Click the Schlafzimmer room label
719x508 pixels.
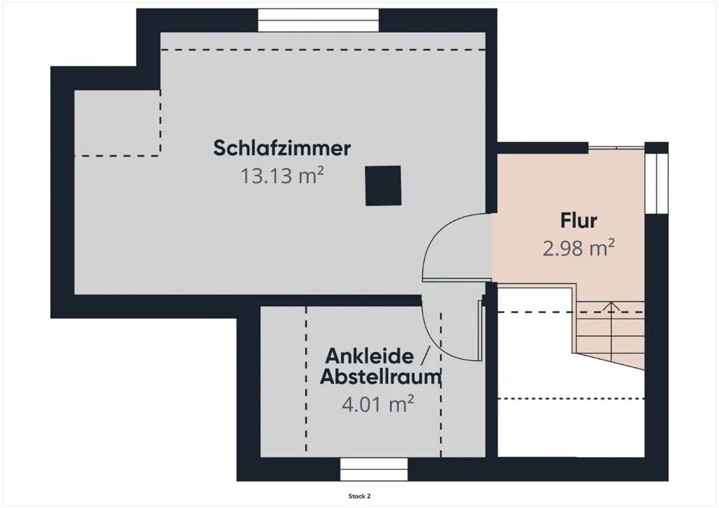tap(282, 149)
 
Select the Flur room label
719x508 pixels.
tap(579, 221)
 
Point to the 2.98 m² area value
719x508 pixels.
tap(579, 249)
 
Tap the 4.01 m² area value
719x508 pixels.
tap(377, 404)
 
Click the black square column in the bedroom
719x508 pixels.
tap(382, 185)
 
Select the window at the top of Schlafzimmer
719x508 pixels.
tap(319, 20)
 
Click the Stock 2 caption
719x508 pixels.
tap(359, 496)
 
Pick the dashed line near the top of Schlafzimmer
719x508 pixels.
tap(324, 49)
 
